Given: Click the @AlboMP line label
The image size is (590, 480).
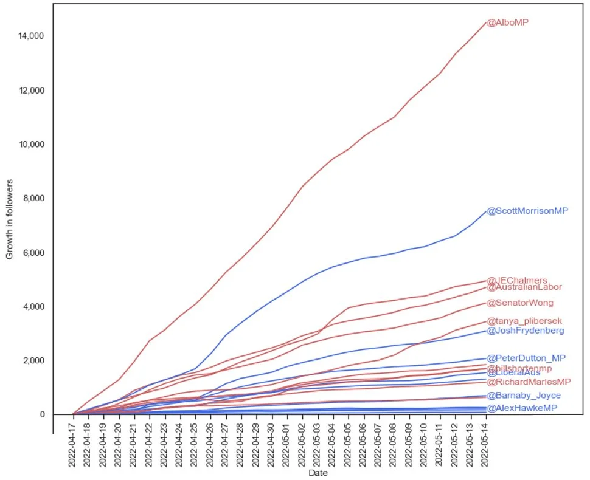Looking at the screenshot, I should [x=507, y=22].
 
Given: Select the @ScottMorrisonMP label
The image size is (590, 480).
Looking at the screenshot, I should [x=527, y=211].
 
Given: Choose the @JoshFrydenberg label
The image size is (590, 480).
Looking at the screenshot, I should [x=525, y=331].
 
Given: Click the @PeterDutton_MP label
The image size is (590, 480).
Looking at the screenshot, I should [x=526, y=358].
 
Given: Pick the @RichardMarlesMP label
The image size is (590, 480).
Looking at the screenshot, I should [x=529, y=382].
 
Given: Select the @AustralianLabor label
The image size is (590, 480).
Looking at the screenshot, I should [x=524, y=287].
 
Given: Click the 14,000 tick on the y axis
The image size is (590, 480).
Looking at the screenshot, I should [x=31, y=36].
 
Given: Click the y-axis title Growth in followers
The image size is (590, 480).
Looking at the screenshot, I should [x=10, y=219].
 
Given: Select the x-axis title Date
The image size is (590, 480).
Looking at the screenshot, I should [x=318, y=473].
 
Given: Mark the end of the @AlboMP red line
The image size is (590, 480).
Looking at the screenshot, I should [x=485, y=22].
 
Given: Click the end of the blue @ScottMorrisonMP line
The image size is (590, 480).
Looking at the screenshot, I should [x=485, y=211].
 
